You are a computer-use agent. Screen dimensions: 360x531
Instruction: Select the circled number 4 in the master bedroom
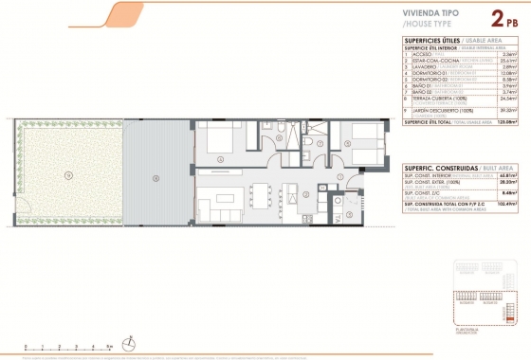pos(221,160)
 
